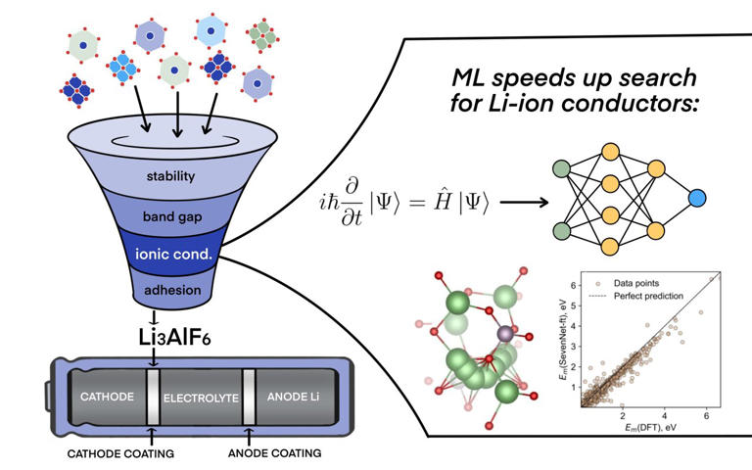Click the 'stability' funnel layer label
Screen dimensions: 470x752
[172, 177]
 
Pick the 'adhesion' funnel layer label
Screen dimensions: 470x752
[172, 290]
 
